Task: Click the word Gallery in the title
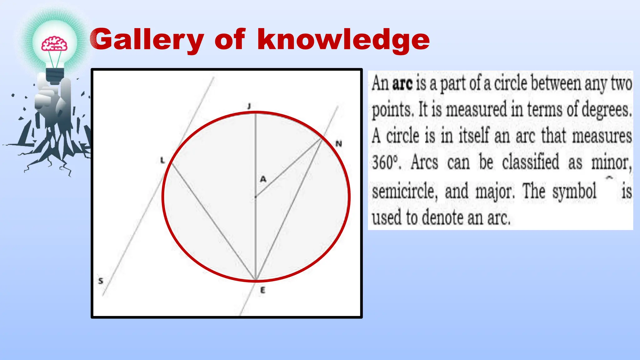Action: coord(147,40)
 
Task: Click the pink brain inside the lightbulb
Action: coord(54,44)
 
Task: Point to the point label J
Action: coord(249,106)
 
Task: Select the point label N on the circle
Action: coord(339,144)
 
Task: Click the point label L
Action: coord(162,160)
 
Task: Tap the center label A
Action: coord(263,179)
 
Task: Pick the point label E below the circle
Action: coord(262,290)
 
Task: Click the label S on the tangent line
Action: coord(100,281)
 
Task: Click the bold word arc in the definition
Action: coord(402,84)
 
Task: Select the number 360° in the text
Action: coord(386,162)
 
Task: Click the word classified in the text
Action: coord(531,162)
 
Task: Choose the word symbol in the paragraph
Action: coord(574,191)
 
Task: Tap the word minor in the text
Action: coord(611,162)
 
